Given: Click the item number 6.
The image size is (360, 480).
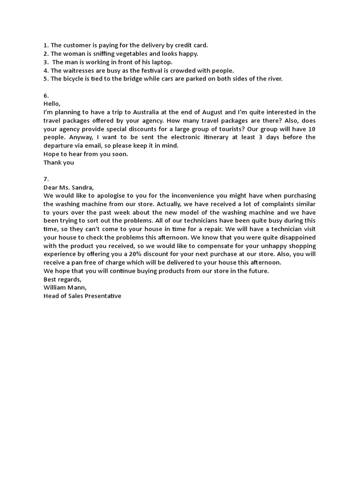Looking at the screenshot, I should pos(46,96).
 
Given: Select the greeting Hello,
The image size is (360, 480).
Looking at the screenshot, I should pos(52,104).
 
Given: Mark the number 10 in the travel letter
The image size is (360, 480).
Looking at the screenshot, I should pos(311,129).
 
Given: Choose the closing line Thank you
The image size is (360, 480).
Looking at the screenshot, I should pos(59,163).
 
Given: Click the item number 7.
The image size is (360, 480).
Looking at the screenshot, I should pos(46,179).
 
